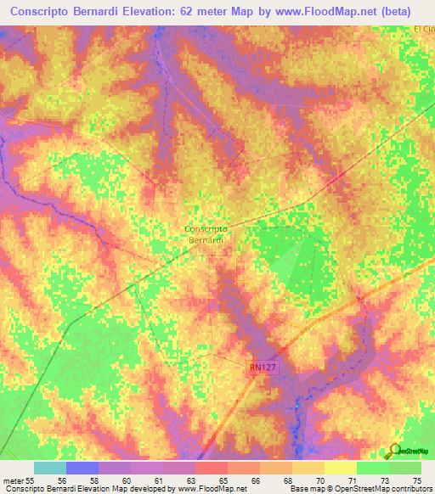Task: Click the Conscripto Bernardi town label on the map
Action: coord(205,234)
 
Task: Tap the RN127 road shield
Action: coord(264,367)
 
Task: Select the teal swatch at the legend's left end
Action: coord(49,468)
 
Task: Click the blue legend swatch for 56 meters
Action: coord(82,468)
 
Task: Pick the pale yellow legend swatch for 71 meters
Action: coord(340,468)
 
